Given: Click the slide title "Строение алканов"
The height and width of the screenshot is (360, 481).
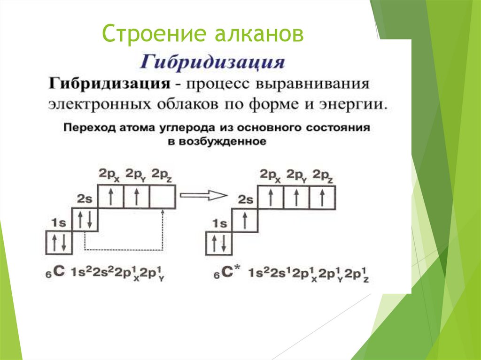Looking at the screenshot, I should pyautogui.click(x=203, y=35).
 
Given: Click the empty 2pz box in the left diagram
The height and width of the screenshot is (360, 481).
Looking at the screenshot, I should pyautogui.click(x=163, y=196).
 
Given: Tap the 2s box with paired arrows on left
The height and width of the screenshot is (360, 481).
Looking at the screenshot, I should pyautogui.click(x=85, y=220).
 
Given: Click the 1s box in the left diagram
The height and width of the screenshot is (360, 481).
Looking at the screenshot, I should pyautogui.click(x=59, y=244).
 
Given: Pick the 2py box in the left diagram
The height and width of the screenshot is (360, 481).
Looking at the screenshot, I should pyautogui.click(x=137, y=196).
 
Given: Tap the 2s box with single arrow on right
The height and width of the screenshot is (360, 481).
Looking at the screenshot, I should pyautogui.click(x=246, y=220).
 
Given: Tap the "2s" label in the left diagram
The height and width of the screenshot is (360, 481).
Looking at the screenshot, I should pyautogui.click(x=85, y=199).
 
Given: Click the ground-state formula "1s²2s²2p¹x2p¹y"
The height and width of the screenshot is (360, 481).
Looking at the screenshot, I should pyautogui.click(x=117, y=273).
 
